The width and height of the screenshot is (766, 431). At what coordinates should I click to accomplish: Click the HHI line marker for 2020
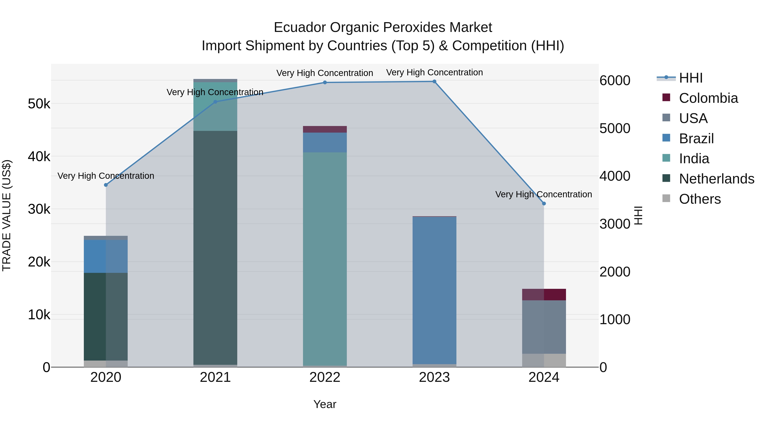[x=106, y=185]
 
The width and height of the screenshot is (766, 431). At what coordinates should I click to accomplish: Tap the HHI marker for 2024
[x=544, y=203]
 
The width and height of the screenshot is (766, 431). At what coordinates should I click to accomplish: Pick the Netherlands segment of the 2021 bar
[x=215, y=247]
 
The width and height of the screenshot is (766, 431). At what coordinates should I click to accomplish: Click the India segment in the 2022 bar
[x=325, y=259]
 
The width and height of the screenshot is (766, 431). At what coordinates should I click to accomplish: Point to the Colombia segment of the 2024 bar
[x=544, y=295]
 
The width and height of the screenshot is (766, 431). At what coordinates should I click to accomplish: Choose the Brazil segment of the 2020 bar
[x=106, y=256]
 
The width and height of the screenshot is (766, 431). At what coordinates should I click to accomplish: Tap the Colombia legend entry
[x=708, y=98]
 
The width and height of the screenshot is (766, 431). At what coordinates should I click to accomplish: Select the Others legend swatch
[x=666, y=198]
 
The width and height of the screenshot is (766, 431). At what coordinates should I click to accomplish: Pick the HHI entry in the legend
[x=690, y=78]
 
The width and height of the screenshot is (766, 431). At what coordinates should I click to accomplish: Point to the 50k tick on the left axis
[x=39, y=104]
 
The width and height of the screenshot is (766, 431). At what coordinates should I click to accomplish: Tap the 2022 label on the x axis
[x=325, y=377]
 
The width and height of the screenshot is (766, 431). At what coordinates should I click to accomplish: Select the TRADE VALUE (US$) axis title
[x=7, y=215]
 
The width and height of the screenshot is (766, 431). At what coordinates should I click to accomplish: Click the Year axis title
[x=325, y=404]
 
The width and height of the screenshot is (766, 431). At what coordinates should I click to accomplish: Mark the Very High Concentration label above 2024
[x=544, y=194]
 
